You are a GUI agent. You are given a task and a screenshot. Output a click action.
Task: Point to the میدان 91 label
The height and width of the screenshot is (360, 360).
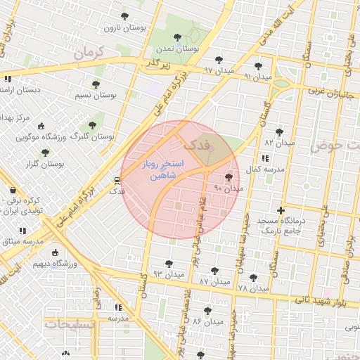257,76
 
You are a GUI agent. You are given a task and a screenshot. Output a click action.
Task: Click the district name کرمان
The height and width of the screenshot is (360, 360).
88,52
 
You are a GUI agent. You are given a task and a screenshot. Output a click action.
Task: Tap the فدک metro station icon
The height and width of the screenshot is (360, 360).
116,180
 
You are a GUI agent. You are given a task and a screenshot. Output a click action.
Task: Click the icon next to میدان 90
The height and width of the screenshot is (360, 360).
229,178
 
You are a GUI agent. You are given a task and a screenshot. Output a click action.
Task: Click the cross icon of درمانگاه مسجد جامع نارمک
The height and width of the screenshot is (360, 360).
281,210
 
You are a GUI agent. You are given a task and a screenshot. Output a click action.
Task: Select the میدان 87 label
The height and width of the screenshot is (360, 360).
214,281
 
